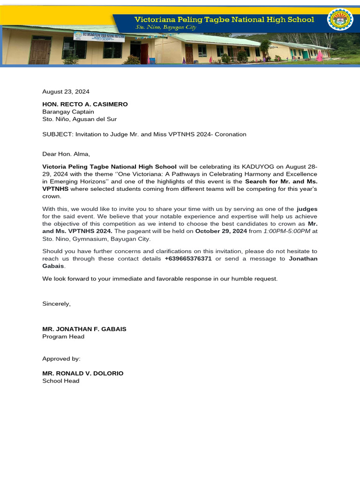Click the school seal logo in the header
pos(340,20)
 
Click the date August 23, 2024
pos(66,92)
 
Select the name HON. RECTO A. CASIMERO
pos(85,104)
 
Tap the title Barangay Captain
pos(68,112)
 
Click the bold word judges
pos(307,209)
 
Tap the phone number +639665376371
pos(188,258)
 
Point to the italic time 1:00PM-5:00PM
pos(286,231)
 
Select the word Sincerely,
pos(56,304)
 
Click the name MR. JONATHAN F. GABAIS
pos(84,329)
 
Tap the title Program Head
pos(63,337)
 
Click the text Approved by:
pos(61,359)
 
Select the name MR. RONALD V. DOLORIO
pos(83,373)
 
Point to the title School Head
pos(61,381)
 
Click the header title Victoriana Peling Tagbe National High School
pos(224,19)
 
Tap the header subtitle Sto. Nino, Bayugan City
pos(166,28)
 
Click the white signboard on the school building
pos(99,37)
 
